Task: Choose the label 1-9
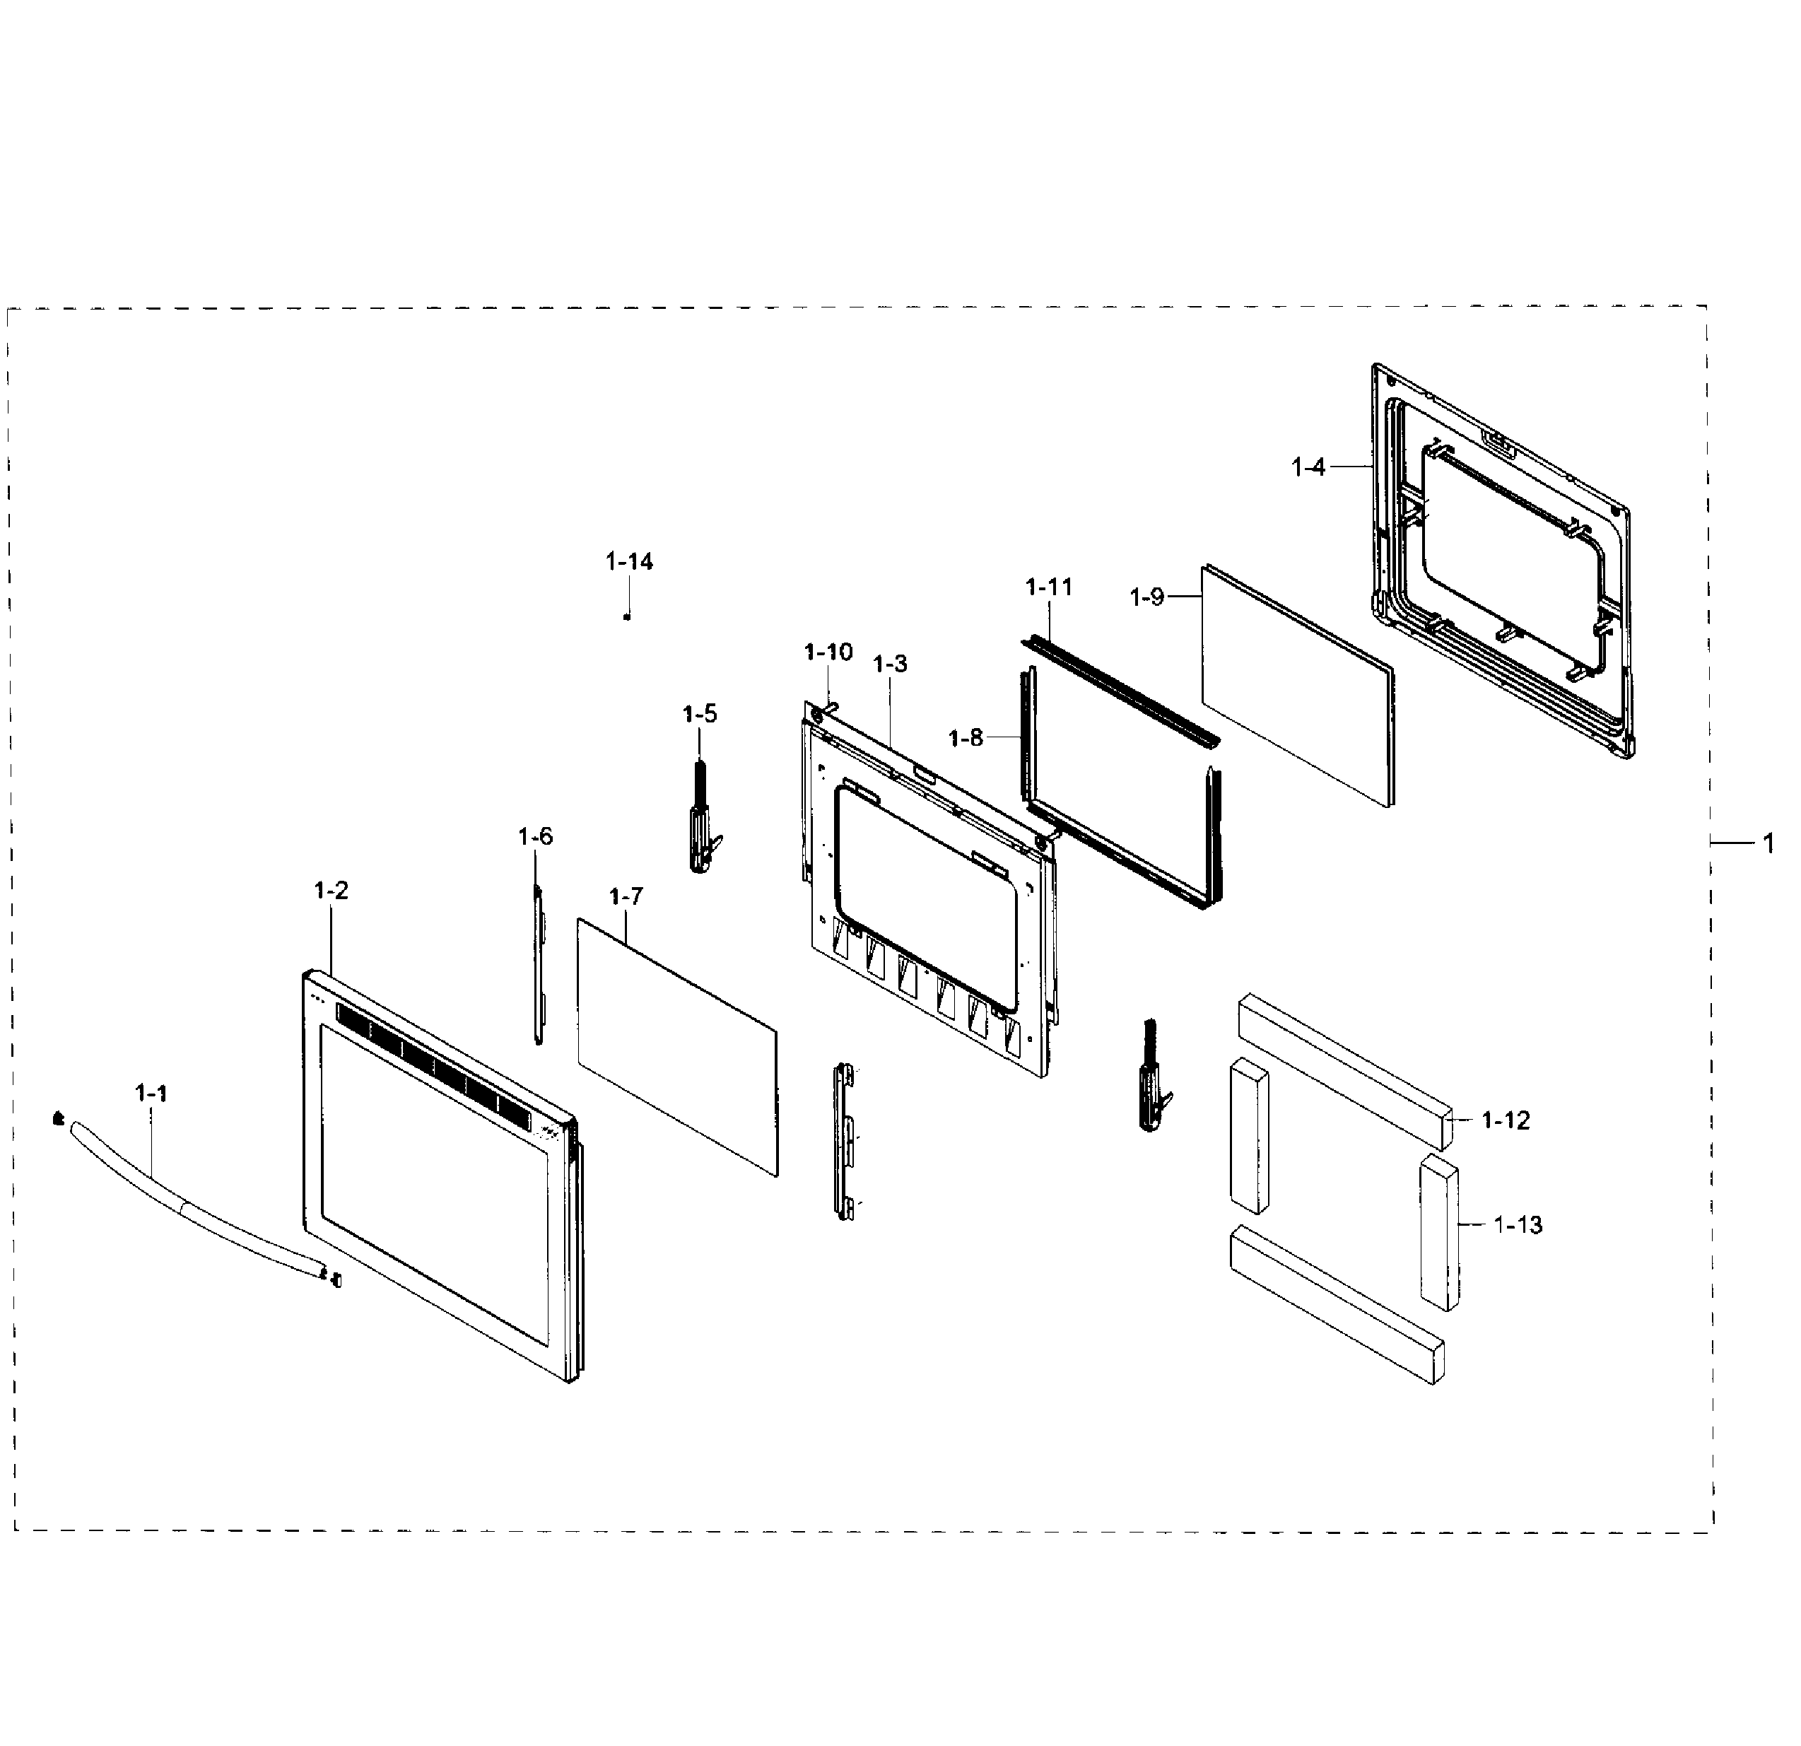point(1146,597)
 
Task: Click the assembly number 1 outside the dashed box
point(1768,843)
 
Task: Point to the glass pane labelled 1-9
point(1296,684)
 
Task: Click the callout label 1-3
point(889,664)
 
